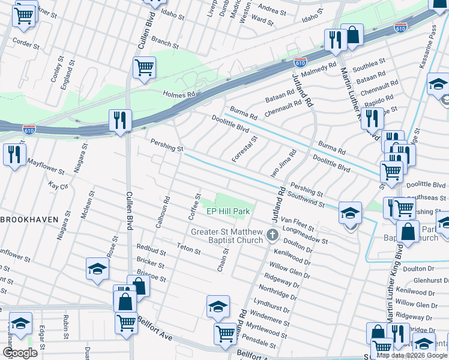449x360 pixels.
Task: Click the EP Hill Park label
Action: pyautogui.click(x=228, y=212)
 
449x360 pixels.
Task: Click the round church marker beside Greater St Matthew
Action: pyautogui.click(x=272, y=235)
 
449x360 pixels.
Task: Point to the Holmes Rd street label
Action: pyautogui.click(x=179, y=94)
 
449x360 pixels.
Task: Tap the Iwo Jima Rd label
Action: pyautogui.click(x=283, y=163)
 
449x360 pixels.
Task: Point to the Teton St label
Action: pyautogui.click(x=188, y=245)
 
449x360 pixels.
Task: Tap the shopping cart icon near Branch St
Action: pyautogui.click(x=145, y=68)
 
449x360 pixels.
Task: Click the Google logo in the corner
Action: pyautogui.click(x=20, y=353)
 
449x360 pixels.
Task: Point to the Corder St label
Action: pyautogui.click(x=26, y=44)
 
